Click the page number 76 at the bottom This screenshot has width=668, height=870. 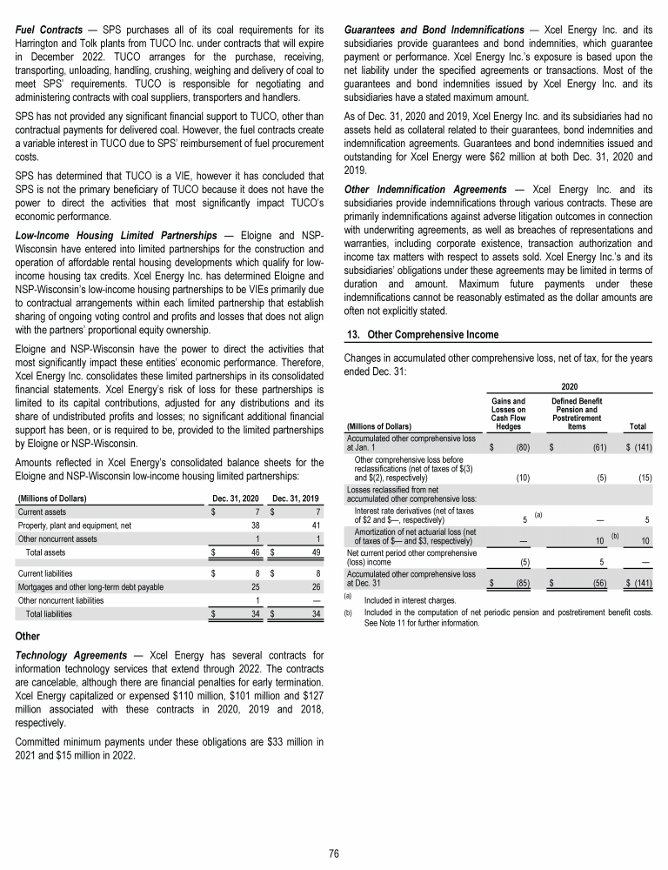tap(334, 852)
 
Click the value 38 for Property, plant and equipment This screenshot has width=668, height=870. tap(256, 525)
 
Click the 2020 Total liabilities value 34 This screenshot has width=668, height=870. tap(256, 613)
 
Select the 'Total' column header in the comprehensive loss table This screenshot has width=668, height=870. tap(638, 426)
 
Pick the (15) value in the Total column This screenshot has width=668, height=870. tap(645, 477)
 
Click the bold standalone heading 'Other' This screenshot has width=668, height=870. tap(29, 635)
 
